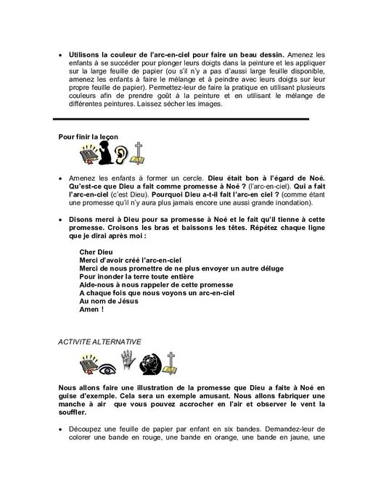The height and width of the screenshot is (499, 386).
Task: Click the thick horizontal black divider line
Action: (181, 119)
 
